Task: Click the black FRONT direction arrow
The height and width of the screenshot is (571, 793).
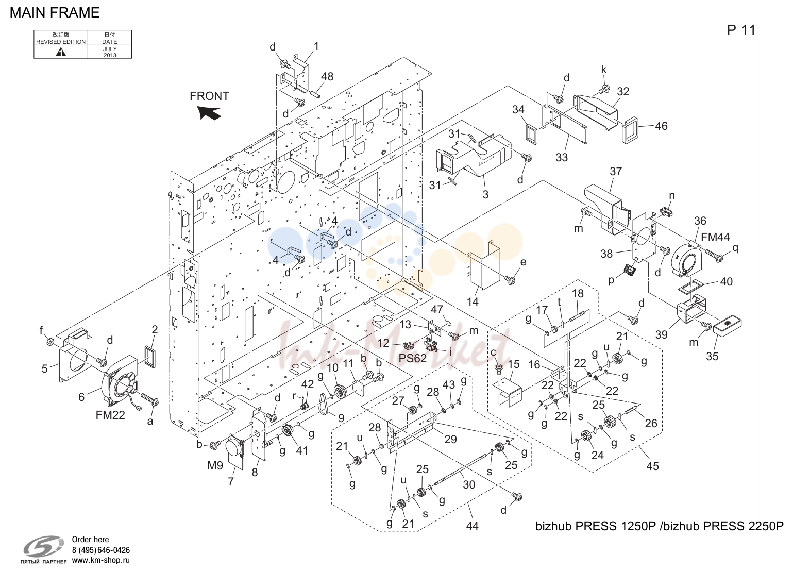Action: [210, 113]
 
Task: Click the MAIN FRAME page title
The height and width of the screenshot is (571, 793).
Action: [55, 13]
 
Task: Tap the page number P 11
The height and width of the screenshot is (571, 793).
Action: [741, 30]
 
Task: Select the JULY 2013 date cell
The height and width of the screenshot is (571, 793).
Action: [110, 52]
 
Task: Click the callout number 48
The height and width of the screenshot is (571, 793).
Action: [327, 77]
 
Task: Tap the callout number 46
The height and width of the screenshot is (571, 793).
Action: [661, 126]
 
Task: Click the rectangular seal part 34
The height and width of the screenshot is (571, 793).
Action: [531, 135]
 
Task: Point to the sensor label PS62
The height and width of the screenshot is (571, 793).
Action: [412, 358]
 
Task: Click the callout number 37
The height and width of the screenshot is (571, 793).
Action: [616, 171]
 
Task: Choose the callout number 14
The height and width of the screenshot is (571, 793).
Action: [473, 301]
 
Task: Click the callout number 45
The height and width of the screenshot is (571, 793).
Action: [652, 466]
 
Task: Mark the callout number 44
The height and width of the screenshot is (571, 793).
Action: [472, 526]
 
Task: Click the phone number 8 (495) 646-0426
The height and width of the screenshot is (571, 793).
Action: [101, 550]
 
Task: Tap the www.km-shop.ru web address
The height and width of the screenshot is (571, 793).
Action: [101, 560]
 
